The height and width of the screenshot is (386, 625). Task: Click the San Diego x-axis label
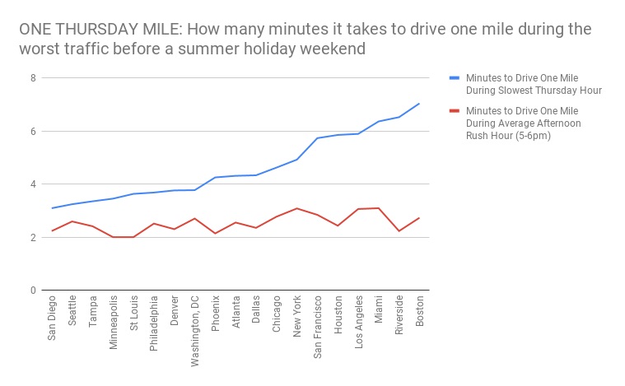(52, 319)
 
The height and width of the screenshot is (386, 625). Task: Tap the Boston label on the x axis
(420, 312)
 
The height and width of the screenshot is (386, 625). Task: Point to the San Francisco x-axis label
(318, 328)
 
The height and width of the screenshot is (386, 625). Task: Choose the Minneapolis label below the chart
(114, 323)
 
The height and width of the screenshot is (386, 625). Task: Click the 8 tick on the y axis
(34, 78)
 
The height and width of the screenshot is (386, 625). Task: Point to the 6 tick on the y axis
(34, 131)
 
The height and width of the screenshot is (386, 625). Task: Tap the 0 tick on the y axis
(34, 291)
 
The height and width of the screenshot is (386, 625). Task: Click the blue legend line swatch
(454, 78)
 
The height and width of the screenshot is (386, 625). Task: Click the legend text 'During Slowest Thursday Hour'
(534, 90)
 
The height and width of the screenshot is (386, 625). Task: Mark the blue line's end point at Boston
(420, 104)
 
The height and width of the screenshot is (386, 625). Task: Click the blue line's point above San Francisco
(318, 138)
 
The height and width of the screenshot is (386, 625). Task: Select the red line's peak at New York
(297, 208)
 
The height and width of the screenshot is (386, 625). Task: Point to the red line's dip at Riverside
(399, 231)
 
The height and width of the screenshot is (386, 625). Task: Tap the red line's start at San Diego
(52, 231)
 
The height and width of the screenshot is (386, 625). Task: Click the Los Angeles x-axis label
(359, 323)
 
